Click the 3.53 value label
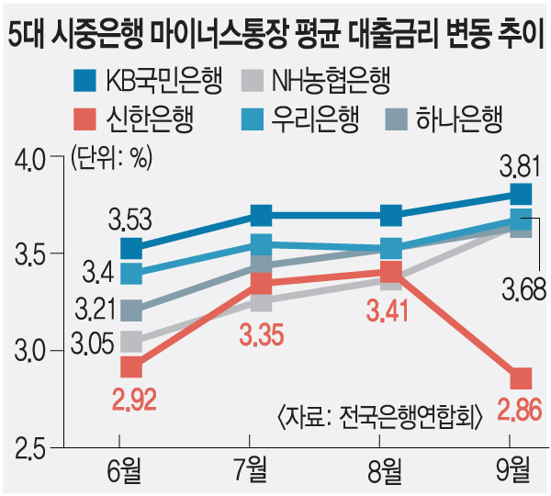[130, 220]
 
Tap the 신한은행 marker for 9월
[521, 378]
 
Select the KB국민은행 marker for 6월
[131, 248]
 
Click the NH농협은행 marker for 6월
[131, 343]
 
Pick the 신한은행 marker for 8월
[390, 271]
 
